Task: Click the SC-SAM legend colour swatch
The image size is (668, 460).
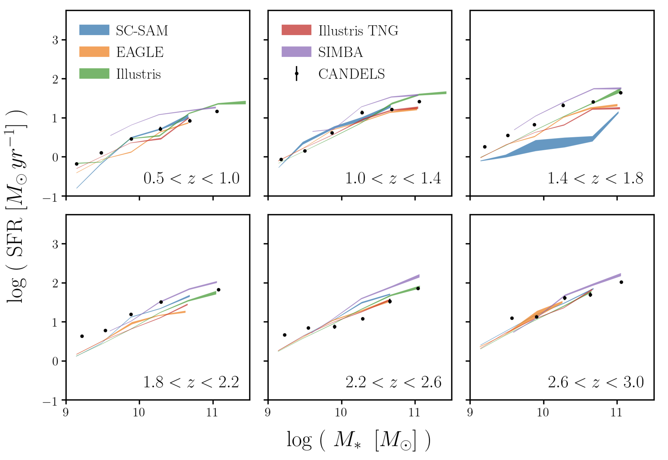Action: [x=94, y=30]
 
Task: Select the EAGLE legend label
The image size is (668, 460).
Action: [x=140, y=52]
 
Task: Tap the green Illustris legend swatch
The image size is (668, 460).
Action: [x=94, y=74]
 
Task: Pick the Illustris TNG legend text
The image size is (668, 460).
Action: [x=358, y=31]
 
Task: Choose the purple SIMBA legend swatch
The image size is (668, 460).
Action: [x=296, y=52]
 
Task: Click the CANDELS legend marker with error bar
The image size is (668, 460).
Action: [x=296, y=74]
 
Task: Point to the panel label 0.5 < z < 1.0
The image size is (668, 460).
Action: [x=191, y=178]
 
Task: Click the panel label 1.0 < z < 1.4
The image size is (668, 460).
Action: [x=393, y=178]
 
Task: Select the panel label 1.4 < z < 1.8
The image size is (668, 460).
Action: [x=595, y=178]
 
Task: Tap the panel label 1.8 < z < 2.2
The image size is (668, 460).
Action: [x=191, y=382]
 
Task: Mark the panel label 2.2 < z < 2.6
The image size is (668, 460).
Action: [x=393, y=382]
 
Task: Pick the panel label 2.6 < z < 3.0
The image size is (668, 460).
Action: [x=596, y=382]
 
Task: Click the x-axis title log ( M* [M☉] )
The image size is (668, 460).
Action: [x=358, y=440]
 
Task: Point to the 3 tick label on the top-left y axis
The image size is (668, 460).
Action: [x=55, y=40]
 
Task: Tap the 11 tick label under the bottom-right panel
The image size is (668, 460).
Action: [x=617, y=412]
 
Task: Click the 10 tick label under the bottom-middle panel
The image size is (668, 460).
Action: [x=341, y=412]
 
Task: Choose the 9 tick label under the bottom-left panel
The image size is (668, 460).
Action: [x=66, y=412]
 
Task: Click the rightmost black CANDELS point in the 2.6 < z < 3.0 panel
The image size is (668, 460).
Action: [x=621, y=282]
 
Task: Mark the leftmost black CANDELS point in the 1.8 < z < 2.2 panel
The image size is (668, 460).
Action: [x=82, y=336]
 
